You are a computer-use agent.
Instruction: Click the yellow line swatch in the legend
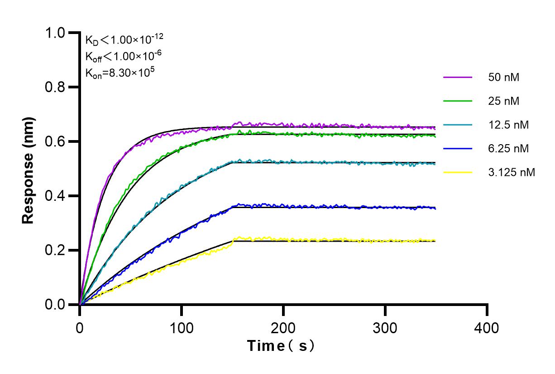tap(458, 172)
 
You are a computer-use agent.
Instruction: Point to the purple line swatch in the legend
tap(458, 77)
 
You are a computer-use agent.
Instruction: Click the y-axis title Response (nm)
tap(29, 170)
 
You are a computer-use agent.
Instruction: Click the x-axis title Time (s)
tap(281, 346)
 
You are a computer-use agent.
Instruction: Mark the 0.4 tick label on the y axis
tap(57, 196)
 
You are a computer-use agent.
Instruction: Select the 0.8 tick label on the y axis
tap(57, 87)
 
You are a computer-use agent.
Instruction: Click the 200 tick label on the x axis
tap(283, 327)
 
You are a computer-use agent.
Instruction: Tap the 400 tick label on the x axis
tap(487, 327)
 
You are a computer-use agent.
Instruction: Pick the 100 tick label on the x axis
tap(182, 327)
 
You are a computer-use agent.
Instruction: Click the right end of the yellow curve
tap(435, 241)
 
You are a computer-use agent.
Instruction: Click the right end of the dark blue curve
tap(435, 208)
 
